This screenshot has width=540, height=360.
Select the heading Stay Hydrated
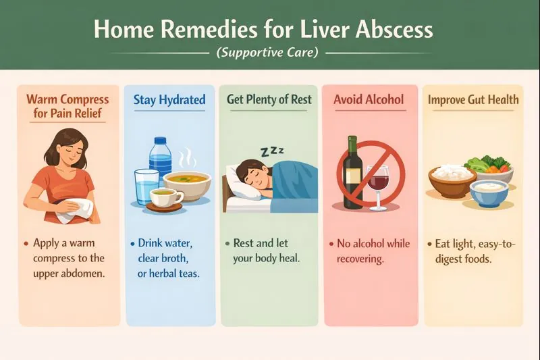click(169, 101)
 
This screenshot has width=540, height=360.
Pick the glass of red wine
click(380, 188)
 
